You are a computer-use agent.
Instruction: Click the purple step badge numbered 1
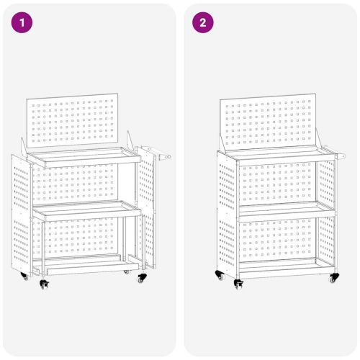click(23, 22)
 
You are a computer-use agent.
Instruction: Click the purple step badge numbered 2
click(203, 22)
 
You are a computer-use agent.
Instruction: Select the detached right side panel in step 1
click(148, 209)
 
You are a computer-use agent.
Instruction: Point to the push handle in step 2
click(337, 153)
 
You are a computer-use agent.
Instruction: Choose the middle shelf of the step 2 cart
click(277, 209)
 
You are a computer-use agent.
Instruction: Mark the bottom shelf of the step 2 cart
click(277, 265)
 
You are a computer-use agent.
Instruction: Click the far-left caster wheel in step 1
click(24, 276)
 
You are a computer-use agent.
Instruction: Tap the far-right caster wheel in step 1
click(142, 276)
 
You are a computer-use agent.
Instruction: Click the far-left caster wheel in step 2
click(219, 274)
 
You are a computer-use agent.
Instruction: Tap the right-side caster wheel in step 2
click(333, 277)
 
